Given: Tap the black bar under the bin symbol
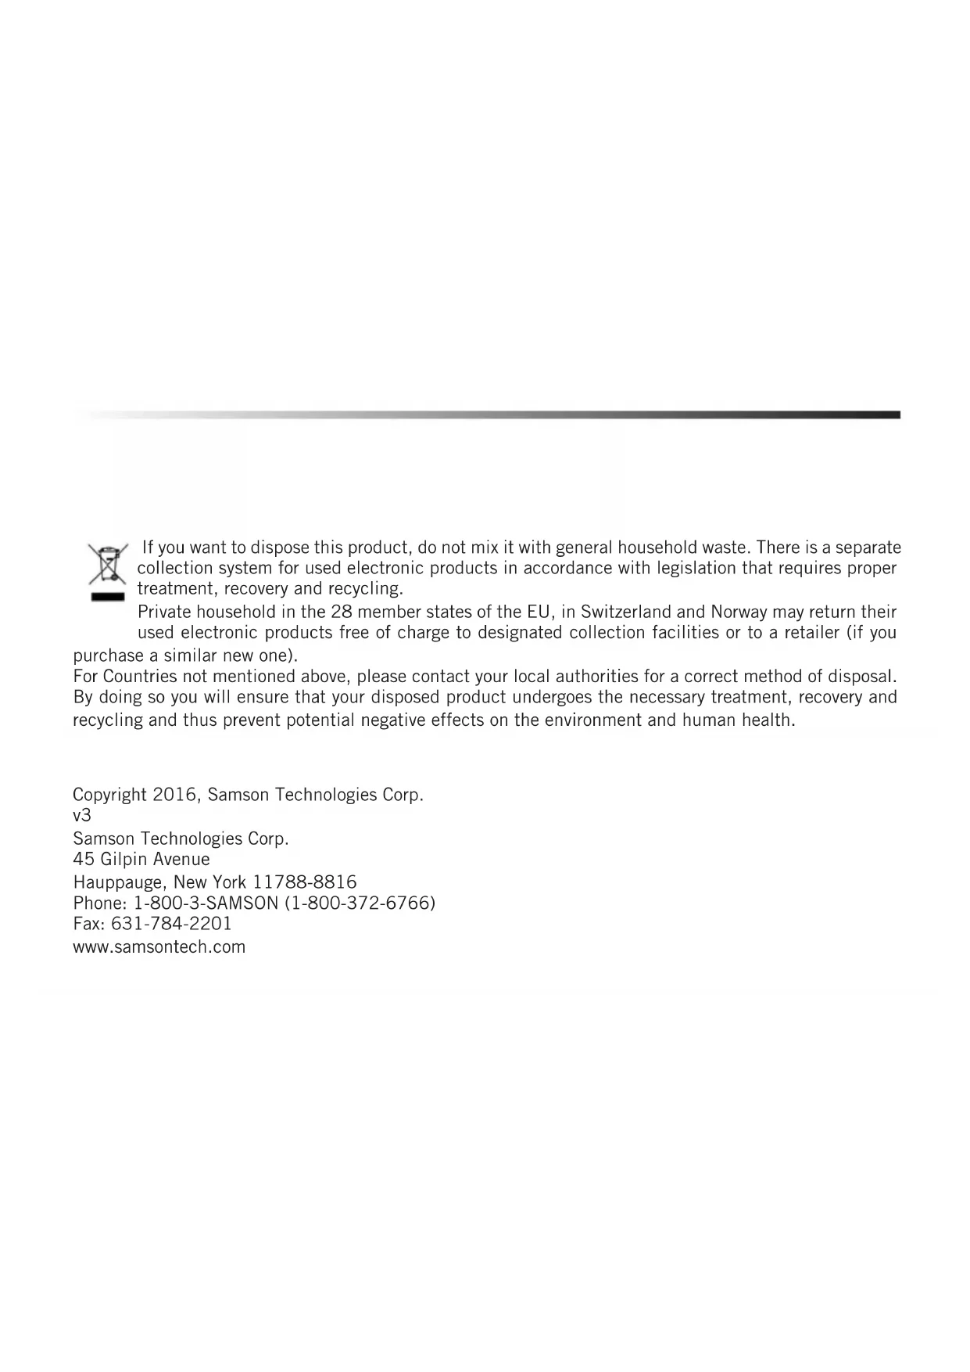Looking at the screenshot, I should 107,597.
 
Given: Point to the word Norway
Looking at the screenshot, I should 739,612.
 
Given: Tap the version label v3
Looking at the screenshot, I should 82,815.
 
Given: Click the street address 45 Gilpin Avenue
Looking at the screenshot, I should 141,859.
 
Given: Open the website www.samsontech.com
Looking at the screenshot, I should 159,947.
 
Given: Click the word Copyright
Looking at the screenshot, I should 109,795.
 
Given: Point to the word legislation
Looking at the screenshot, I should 690,568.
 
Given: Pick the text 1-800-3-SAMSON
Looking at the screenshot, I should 206,903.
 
